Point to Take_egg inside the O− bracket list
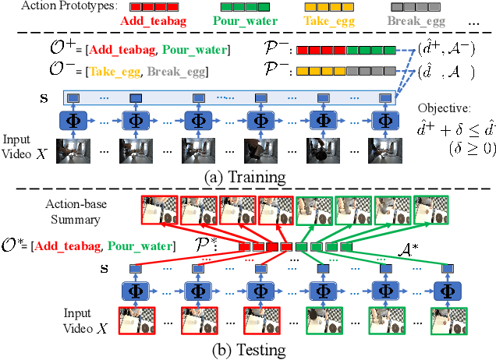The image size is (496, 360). point(121,72)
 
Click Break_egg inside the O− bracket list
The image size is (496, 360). point(193,72)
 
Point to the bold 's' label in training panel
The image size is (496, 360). point(44,99)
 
